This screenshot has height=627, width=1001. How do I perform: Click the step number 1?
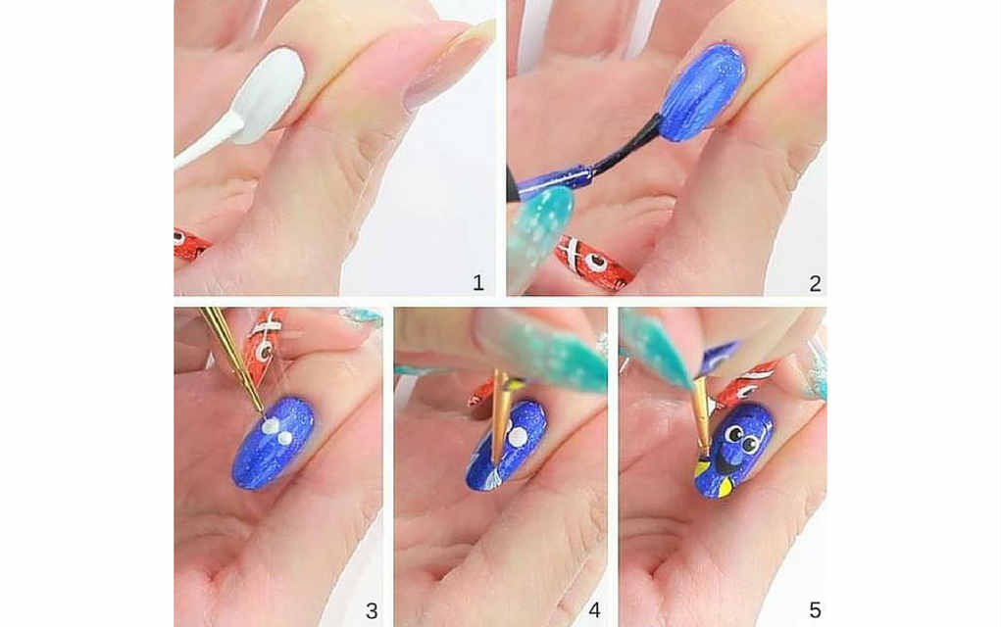click(478, 282)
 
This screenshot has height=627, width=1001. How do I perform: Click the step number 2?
click(815, 283)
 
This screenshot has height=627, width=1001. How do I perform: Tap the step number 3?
click(372, 610)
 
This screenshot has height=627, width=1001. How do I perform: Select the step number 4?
click(594, 610)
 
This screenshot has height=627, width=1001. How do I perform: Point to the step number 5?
click(815, 610)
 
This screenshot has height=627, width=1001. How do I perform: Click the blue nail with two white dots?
click(274, 443)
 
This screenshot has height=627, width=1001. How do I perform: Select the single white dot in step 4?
click(517, 437)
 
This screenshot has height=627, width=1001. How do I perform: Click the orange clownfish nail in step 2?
click(594, 261)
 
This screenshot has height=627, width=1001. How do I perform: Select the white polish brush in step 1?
click(208, 142)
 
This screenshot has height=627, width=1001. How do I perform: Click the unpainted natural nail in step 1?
click(451, 63)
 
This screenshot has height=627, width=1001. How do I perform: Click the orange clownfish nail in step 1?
click(190, 245)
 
